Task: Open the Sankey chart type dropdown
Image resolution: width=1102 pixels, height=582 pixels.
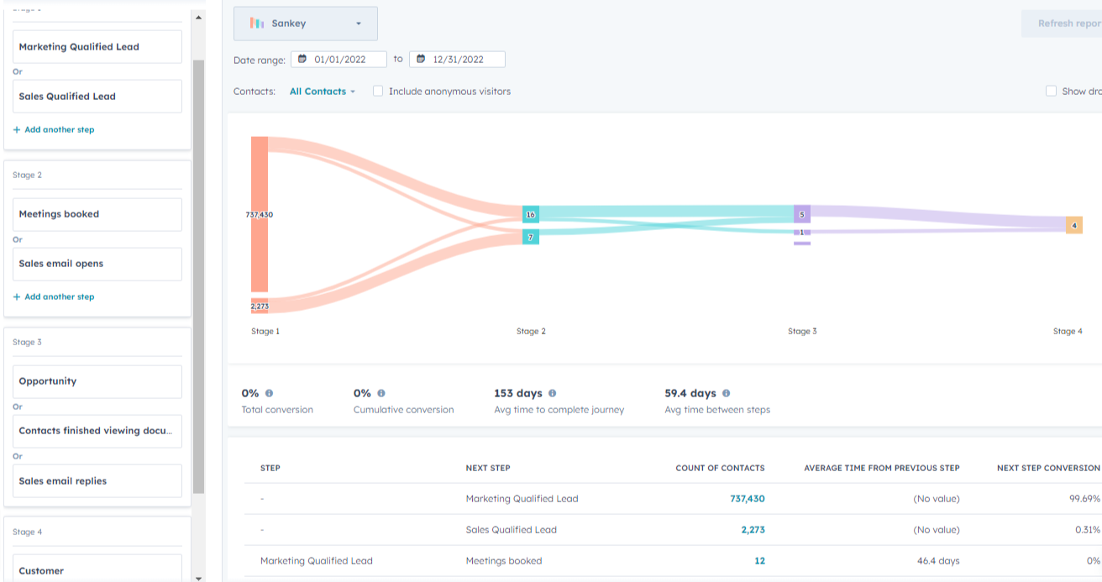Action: [305, 24]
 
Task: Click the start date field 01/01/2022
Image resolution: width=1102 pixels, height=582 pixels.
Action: [338, 60]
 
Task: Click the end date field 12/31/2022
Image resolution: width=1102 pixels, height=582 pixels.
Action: [457, 60]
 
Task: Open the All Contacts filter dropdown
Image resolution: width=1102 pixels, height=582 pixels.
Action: [323, 92]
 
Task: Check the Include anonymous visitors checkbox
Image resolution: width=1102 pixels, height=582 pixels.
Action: [378, 92]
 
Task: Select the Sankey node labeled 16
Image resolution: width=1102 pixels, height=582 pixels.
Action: [530, 214]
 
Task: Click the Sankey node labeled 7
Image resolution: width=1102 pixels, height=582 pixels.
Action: [530, 238]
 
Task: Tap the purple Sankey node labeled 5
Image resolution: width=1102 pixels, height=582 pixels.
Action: [802, 214]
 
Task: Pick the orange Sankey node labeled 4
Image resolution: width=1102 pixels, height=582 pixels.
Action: [1074, 225]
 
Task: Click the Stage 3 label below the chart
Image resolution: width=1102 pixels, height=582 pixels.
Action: [802, 332]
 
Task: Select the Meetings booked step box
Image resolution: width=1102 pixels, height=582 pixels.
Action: [97, 214]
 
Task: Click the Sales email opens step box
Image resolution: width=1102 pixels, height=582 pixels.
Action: [97, 264]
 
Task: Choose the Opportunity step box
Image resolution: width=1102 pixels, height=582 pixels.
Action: [97, 381]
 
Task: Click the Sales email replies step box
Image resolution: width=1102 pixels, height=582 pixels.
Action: [97, 481]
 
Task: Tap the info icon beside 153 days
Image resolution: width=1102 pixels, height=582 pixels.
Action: [552, 393]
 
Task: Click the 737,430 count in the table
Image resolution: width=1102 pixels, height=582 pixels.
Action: [747, 499]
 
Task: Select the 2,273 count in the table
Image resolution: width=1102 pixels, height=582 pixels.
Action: [753, 530]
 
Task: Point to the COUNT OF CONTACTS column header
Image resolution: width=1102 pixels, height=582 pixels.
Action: [720, 468]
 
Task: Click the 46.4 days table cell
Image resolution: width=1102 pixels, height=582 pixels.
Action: [937, 561]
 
